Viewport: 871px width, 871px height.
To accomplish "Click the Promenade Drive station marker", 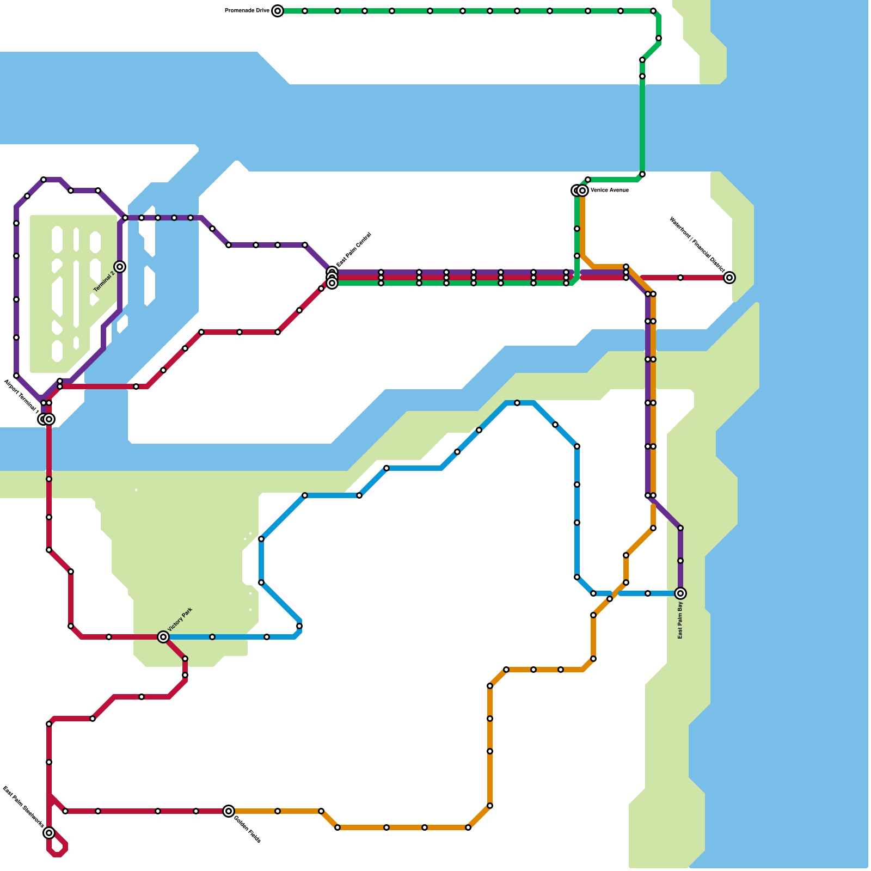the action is point(278,11).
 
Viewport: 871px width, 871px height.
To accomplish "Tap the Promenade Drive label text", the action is point(247,11).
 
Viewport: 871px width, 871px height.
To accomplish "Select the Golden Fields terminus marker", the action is point(229,811).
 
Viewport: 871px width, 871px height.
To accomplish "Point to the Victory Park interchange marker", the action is point(163,637).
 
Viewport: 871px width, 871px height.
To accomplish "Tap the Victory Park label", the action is point(180,620).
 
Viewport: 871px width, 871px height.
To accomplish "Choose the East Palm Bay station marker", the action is point(680,593).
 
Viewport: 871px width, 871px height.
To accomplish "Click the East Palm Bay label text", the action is point(680,620).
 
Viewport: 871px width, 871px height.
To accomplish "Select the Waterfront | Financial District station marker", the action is point(729,278).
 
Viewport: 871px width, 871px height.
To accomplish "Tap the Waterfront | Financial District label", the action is point(697,244).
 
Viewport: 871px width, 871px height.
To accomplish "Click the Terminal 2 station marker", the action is point(120,267).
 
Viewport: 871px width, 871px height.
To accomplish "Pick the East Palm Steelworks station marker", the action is point(49,833).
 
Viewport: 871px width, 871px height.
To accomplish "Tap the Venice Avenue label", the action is point(610,191).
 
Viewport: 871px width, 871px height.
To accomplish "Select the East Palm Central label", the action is point(354,250).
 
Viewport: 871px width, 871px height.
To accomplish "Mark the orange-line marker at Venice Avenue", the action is point(582,191).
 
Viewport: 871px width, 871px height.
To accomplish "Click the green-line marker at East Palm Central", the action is point(332,283).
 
